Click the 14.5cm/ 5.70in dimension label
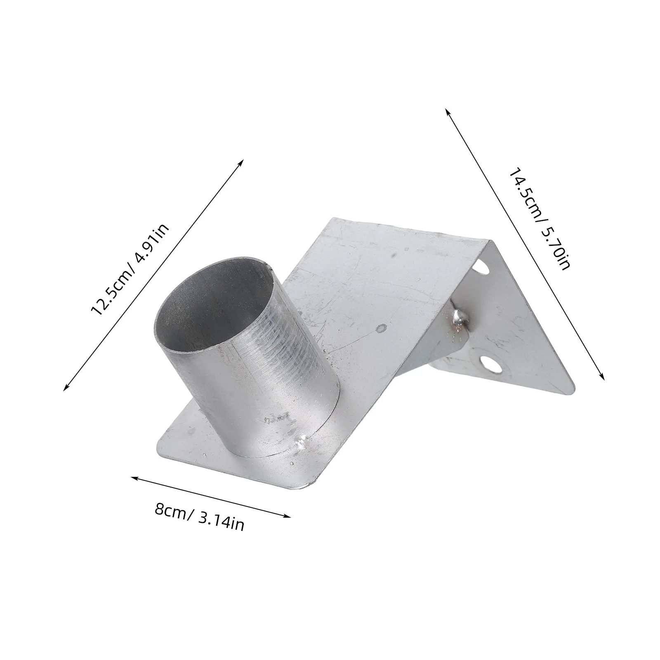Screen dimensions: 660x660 [539, 218]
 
